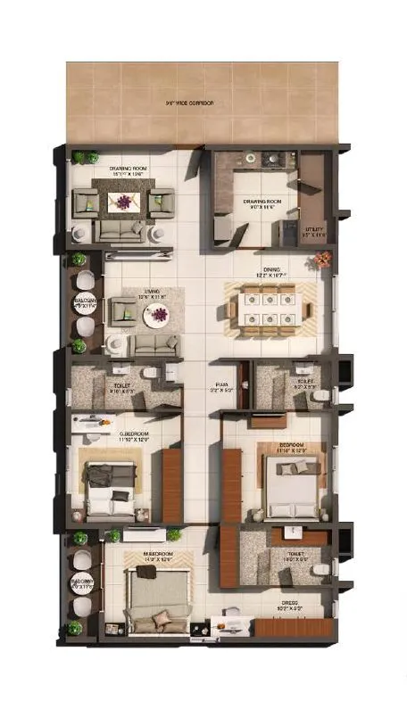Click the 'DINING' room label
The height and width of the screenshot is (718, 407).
(271, 268)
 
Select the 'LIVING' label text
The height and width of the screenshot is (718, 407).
(152, 291)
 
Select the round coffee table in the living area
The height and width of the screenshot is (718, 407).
(159, 314)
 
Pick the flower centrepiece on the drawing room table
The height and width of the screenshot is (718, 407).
(123, 202)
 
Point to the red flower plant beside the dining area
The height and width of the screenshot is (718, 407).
(322, 260)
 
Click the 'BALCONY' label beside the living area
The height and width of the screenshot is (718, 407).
(82, 301)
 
